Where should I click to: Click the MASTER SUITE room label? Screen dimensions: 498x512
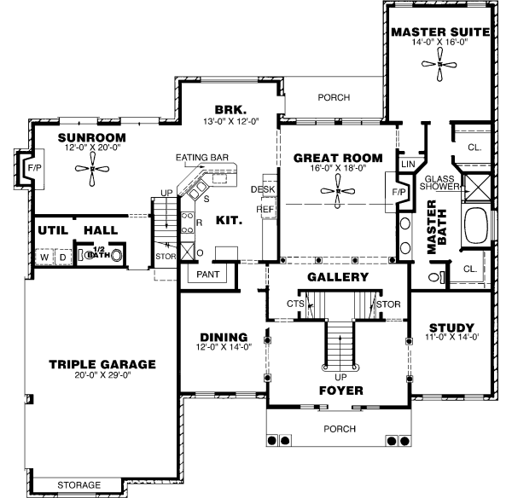[440, 32]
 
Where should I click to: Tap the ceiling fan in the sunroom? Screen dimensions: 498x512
[91, 168]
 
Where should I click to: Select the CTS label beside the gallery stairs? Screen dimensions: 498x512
[295, 303]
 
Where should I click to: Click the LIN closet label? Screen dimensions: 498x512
[407, 162]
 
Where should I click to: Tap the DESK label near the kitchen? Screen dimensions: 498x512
[262, 189]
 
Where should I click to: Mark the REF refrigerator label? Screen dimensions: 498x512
[263, 208]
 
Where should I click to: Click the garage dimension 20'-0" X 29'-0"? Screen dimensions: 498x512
[102, 378]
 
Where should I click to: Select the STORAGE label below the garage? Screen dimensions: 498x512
[79, 485]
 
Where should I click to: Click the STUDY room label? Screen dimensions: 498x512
[450, 327]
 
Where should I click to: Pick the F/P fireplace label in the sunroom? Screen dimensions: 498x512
[33, 168]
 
